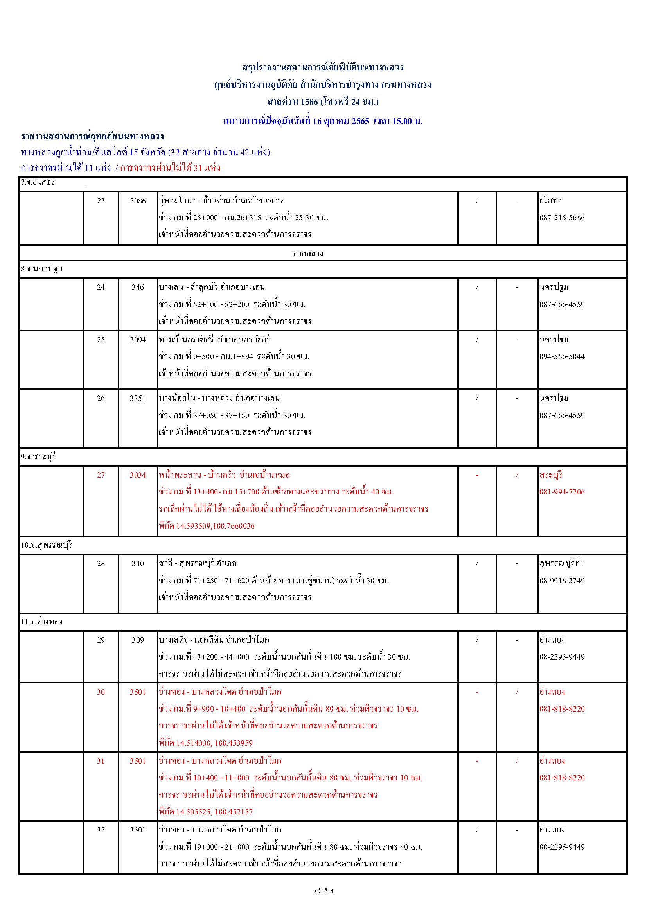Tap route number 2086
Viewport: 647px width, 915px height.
[x=138, y=201]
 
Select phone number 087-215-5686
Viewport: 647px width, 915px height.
[x=562, y=218]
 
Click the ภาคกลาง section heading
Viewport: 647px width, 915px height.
[x=307, y=253]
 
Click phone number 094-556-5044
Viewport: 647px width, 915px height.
[x=562, y=357]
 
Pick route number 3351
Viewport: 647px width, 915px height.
[x=138, y=399]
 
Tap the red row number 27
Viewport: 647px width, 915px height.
[x=101, y=475]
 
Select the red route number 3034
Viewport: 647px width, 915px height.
[x=138, y=475]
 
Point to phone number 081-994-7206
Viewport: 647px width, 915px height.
[x=562, y=492]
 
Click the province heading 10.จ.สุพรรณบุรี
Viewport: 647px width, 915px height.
[x=47, y=545]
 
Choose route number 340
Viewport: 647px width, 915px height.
[x=138, y=563]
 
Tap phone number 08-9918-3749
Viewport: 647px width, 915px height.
[x=562, y=581]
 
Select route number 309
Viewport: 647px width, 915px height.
[x=138, y=640]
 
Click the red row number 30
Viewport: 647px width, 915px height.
[x=101, y=692]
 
